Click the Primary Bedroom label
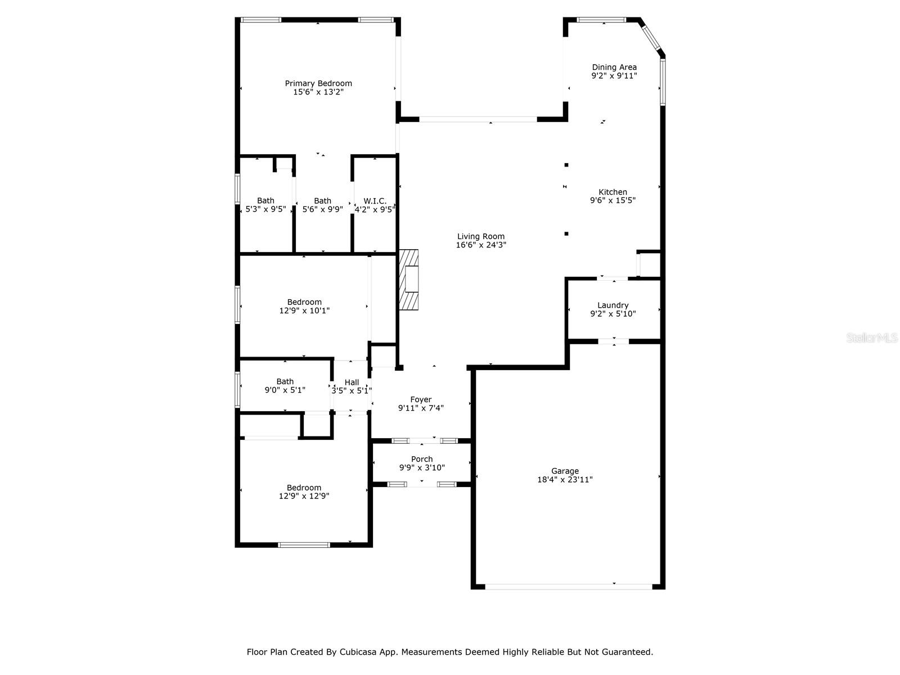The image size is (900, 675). pos(318,83)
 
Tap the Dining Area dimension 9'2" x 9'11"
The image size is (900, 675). pos(614,76)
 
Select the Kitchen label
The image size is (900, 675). pos(613,192)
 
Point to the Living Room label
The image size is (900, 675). pos(480,236)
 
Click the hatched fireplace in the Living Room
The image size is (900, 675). pos(409,279)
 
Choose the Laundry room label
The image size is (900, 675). pos(613,305)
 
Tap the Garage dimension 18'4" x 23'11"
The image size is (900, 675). pos(565,480)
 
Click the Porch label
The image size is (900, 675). pos(422,459)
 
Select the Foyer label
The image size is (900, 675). pos(421,399)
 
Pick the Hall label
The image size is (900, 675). pos(352,382)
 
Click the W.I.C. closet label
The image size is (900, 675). pos(375,201)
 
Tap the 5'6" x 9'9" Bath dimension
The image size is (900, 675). pos(322,209)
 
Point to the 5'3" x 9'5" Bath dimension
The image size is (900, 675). pos(265,209)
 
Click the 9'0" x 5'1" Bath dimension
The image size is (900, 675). pos(285,390)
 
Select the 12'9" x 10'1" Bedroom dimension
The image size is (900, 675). pos(304,310)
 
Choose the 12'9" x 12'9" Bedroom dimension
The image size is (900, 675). pos(304,496)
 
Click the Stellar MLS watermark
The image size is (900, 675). pos(872,338)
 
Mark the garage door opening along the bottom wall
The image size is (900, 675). pos(568,586)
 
